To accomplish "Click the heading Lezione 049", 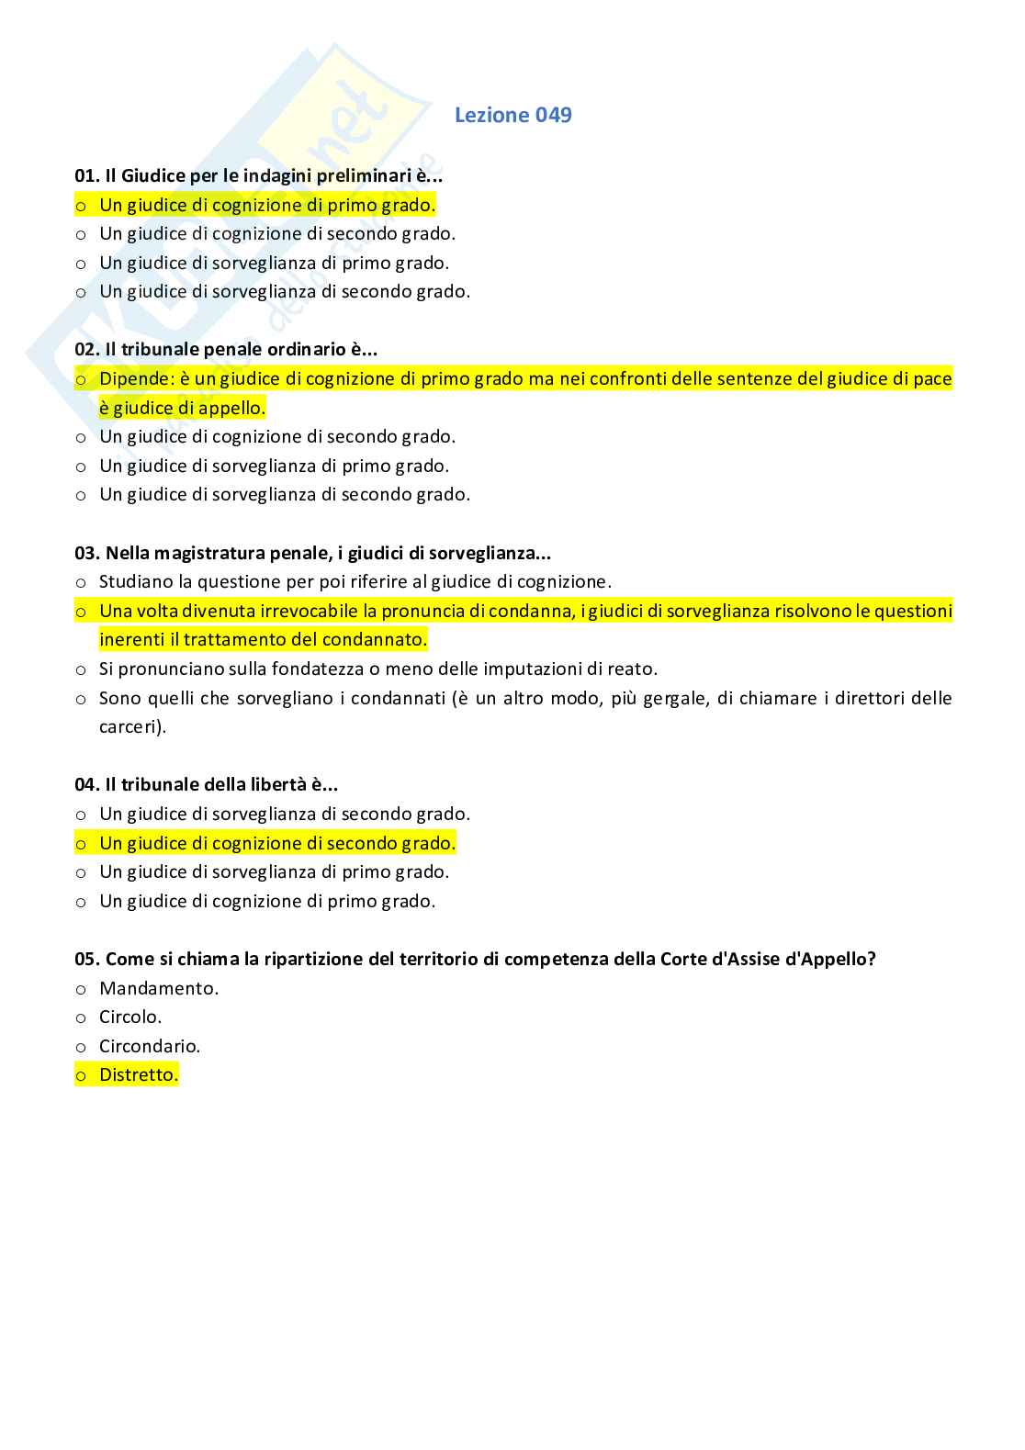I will click(x=512, y=115).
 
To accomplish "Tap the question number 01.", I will click(x=86, y=175).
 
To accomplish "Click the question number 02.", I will click(x=86, y=349).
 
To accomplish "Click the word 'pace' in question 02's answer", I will click(x=932, y=378).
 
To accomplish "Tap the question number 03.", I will click(x=86, y=553).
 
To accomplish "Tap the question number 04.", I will click(x=86, y=784).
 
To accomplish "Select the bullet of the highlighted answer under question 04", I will click(x=81, y=843).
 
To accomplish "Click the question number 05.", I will click(x=86, y=959).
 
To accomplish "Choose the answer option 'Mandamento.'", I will click(x=159, y=988).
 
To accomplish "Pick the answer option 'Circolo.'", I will click(x=130, y=1017).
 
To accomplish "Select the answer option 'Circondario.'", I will click(x=150, y=1046).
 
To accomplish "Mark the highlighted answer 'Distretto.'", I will click(x=139, y=1074).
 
